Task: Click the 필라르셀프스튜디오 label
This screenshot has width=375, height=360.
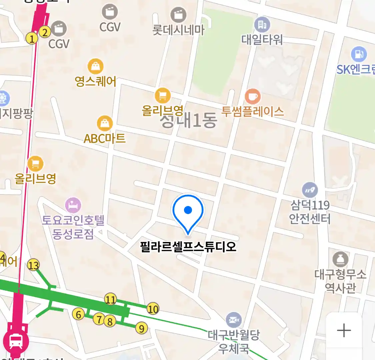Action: click(188, 247)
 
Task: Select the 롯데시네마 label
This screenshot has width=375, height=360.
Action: click(178, 30)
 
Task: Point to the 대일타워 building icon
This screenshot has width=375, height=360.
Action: click(262, 24)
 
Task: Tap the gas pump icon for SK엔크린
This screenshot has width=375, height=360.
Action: click(358, 54)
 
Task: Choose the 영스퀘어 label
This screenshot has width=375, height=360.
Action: click(96, 81)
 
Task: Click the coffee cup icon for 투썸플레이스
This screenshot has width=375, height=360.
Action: click(253, 97)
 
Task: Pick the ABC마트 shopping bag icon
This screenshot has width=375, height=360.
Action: click(105, 123)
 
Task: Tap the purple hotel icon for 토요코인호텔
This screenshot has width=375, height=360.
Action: click(73, 205)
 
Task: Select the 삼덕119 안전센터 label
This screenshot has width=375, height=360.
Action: click(310, 212)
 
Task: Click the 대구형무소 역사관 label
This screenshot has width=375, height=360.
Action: click(340, 281)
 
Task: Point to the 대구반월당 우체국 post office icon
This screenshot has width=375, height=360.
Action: click(234, 320)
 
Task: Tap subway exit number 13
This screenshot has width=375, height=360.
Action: click(33, 265)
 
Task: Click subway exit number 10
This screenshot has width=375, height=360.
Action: click(153, 309)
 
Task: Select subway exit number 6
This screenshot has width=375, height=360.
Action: click(78, 314)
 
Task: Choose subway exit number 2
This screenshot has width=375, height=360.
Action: click(45, 32)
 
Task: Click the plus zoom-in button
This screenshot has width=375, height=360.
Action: click(344, 331)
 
